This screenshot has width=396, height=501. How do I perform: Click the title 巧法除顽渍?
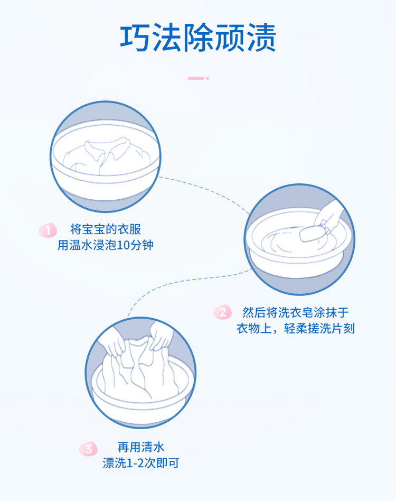(x=198, y=38)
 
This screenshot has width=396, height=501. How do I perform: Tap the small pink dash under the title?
(x=197, y=78)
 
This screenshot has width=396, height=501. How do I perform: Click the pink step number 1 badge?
(x=48, y=230)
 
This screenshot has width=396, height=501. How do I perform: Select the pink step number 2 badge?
(x=222, y=312)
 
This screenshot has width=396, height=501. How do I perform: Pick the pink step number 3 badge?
(x=89, y=449)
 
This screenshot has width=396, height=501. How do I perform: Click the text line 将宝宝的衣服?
(x=106, y=230)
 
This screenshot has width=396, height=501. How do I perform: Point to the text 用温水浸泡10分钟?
(x=106, y=246)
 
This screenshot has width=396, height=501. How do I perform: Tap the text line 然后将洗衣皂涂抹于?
(x=296, y=312)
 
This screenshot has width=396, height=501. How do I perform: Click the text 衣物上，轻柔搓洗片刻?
(x=296, y=329)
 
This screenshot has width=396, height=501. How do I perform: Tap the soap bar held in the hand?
(x=312, y=233)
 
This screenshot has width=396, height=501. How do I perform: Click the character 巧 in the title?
(x=136, y=38)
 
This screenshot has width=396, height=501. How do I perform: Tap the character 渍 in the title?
(x=260, y=38)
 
